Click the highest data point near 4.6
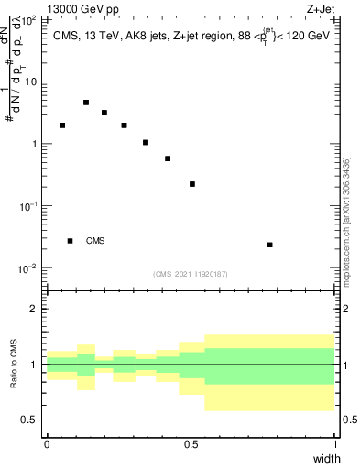point(86,103)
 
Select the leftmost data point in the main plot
point(62,125)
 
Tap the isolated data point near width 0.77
point(269,245)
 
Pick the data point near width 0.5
point(192,184)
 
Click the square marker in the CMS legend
point(71,241)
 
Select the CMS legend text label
point(95,241)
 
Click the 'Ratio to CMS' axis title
point(15,365)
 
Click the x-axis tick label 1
point(334,444)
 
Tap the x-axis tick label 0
point(47,444)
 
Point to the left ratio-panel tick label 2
point(33,309)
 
